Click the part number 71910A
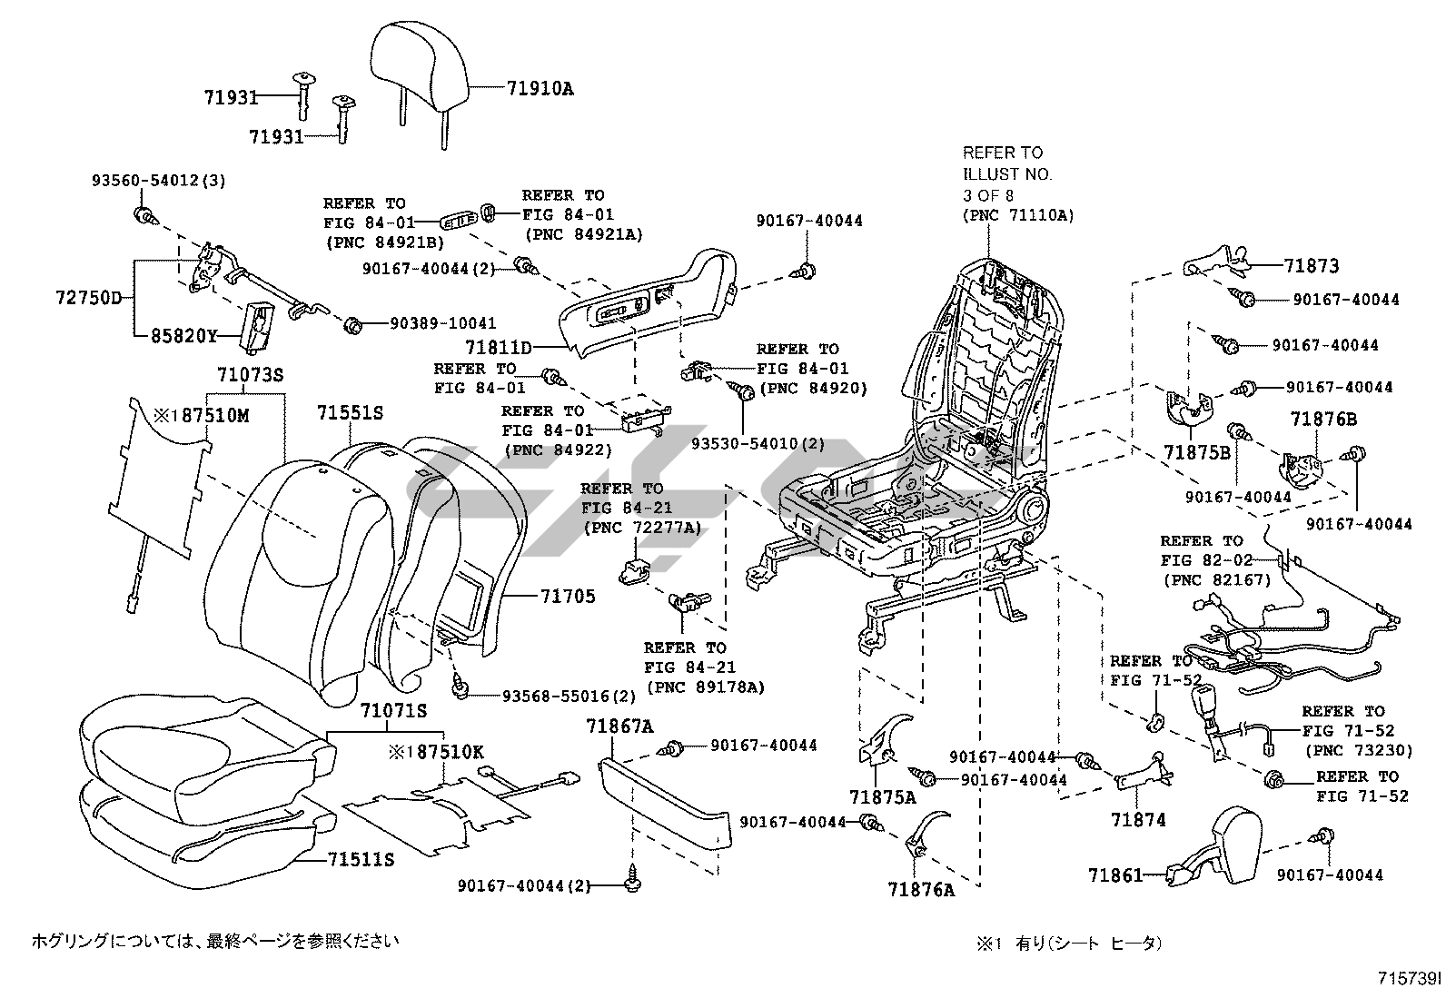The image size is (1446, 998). (x=540, y=88)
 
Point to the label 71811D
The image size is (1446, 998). (x=498, y=347)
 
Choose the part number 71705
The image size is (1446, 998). (x=568, y=597)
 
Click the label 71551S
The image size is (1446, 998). (x=350, y=412)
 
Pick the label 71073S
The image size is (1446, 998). (x=250, y=375)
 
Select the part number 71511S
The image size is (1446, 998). (x=361, y=858)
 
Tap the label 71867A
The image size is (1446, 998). (x=619, y=726)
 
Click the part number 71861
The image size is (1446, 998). (x=1115, y=875)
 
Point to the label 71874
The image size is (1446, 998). (x=1138, y=820)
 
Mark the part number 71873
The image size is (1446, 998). (x=1312, y=266)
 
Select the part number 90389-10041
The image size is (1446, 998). (x=443, y=323)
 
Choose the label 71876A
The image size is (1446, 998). (x=922, y=890)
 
